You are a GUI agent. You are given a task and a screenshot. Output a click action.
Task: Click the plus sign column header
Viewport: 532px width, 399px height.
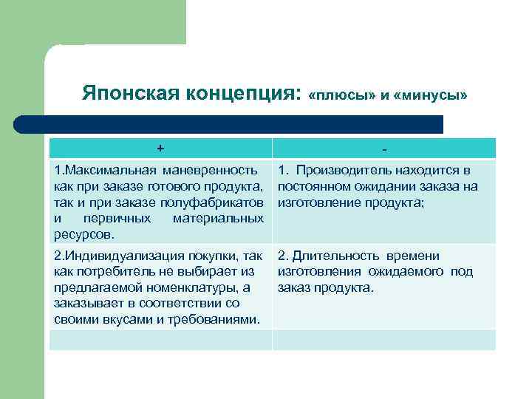(160, 148)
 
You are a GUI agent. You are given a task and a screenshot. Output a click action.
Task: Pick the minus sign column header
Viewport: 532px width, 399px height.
(383, 149)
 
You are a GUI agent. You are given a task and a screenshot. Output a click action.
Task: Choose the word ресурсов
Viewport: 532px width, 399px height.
(83, 234)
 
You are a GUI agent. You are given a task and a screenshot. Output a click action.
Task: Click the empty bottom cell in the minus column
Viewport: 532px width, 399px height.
(383, 340)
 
